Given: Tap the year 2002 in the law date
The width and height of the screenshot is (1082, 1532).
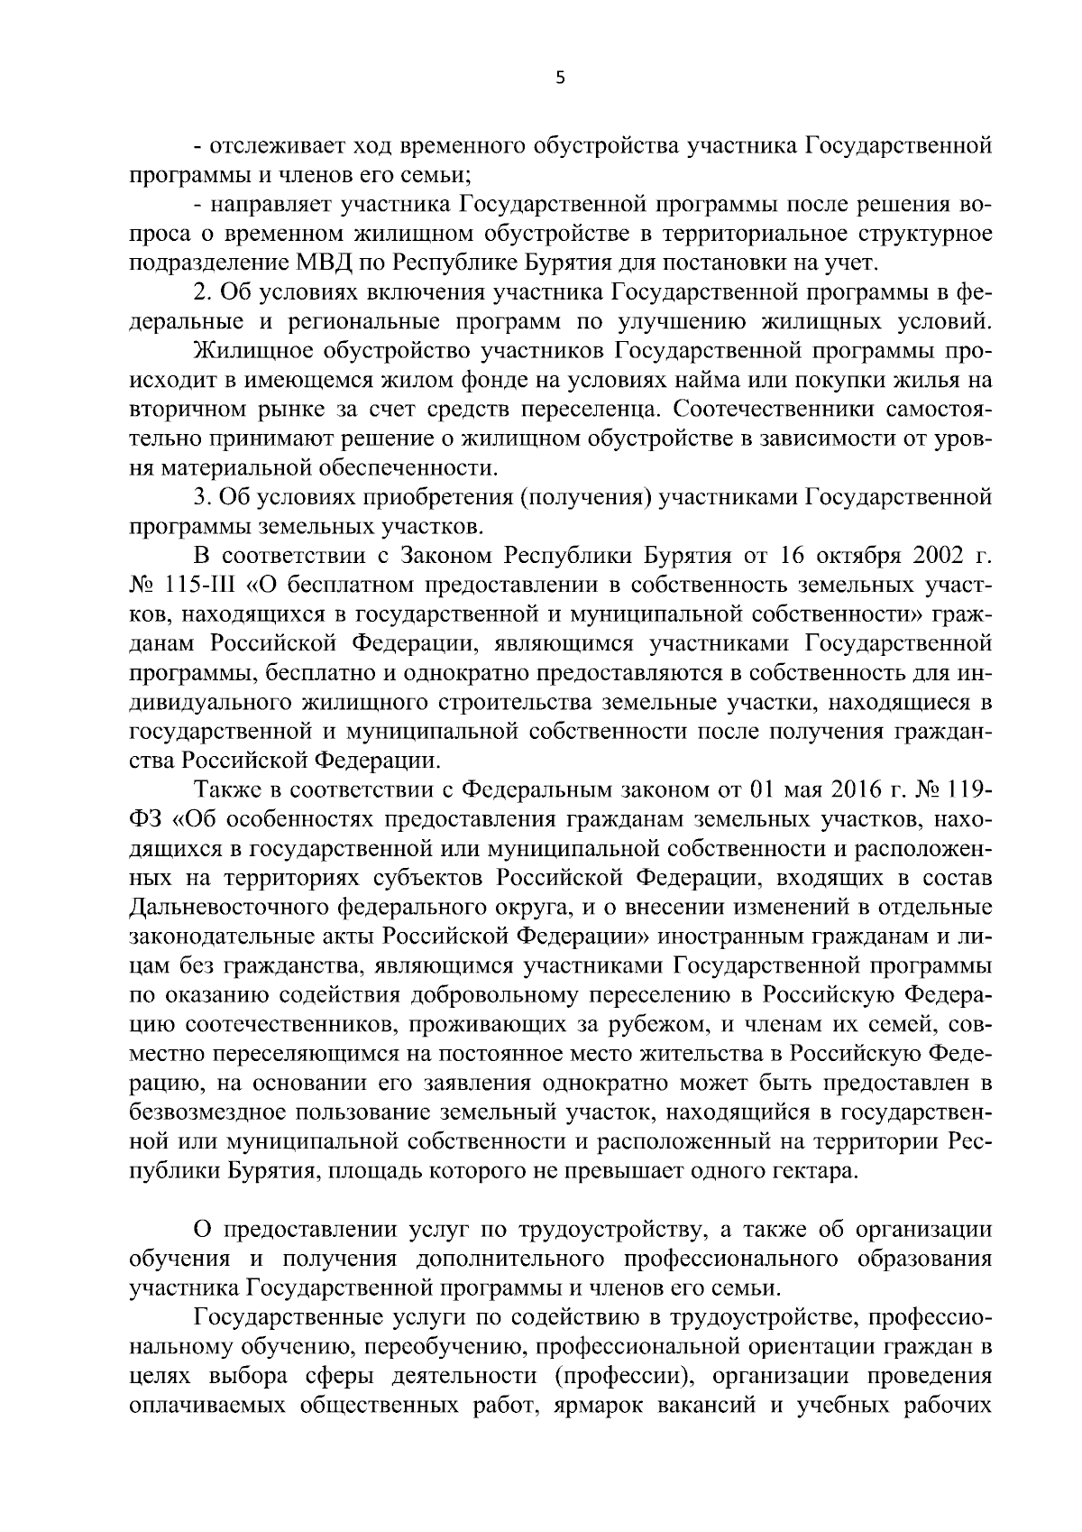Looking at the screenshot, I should (926, 556).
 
